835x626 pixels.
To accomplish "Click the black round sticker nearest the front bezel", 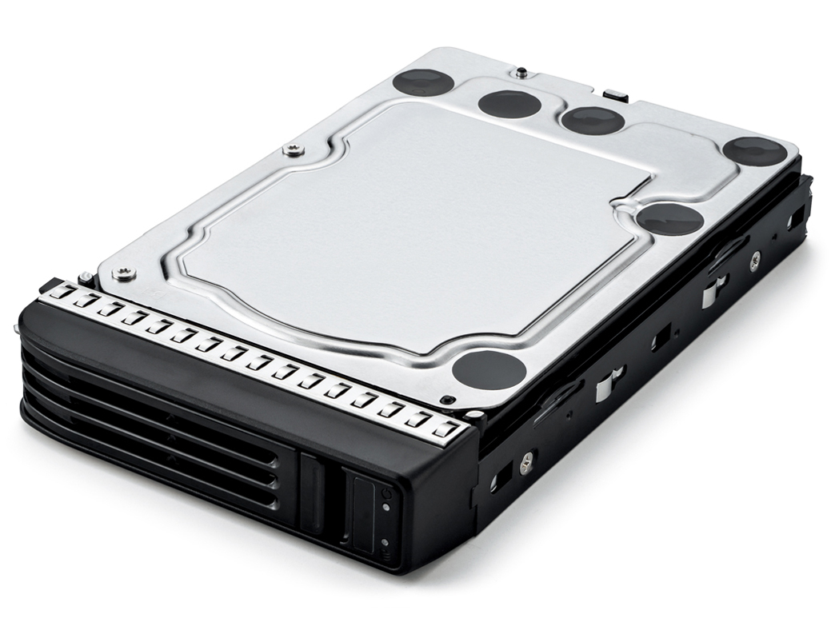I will tap(489, 370).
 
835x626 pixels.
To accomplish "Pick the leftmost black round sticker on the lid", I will tap(422, 82).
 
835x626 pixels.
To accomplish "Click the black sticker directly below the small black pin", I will tap(511, 103).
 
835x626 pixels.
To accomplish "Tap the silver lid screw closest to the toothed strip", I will tap(123, 274).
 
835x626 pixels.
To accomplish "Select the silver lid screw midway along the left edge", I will tap(294, 150).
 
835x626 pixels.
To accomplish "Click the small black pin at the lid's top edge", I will tap(521, 73).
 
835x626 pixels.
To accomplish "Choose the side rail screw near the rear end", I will tap(754, 258).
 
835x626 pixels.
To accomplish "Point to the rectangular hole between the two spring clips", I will tap(660, 340).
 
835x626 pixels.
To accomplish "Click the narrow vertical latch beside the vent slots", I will tap(312, 492).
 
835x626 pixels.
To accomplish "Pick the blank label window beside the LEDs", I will tap(363, 515).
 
